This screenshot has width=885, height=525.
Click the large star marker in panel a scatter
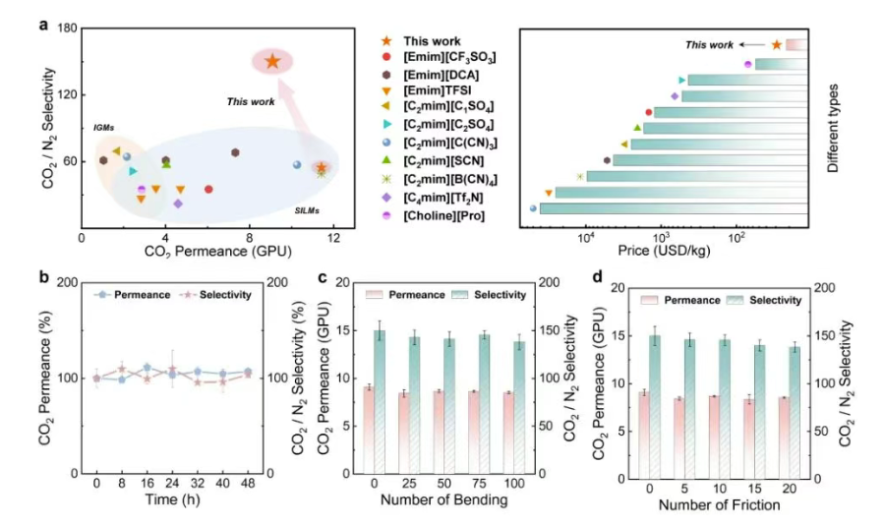[272, 61]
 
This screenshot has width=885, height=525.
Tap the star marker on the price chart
[777, 44]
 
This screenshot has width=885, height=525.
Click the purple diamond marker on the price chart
[675, 96]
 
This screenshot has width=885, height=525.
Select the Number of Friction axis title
[720, 505]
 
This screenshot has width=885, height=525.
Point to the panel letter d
[593, 276]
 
